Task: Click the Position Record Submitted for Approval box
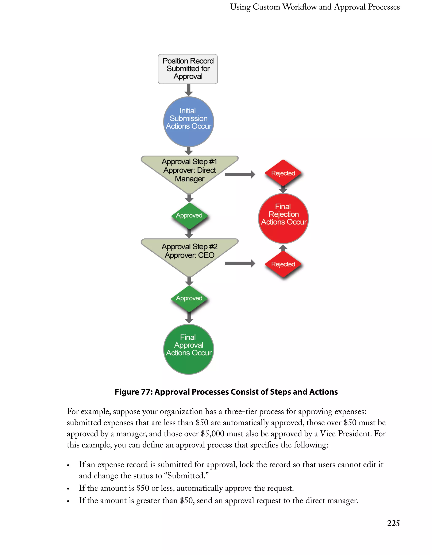click(188, 69)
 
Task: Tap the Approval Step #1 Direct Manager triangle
click(189, 170)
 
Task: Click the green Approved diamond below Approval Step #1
click(189, 215)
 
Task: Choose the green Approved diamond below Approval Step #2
click(189, 298)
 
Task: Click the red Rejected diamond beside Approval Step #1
click(283, 173)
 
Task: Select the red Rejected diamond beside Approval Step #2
click(283, 264)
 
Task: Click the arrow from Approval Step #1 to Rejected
click(240, 174)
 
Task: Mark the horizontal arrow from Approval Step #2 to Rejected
click(240, 263)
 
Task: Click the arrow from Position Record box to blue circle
click(188, 90)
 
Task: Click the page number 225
click(393, 524)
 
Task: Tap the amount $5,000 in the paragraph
click(212, 434)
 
